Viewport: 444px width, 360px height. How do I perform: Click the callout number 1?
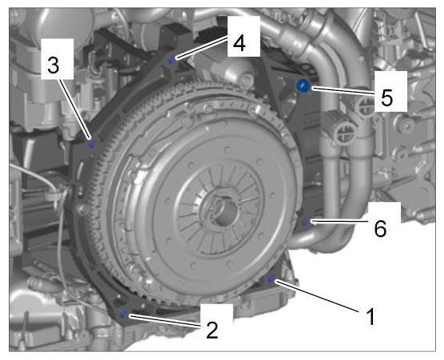click(x=371, y=316)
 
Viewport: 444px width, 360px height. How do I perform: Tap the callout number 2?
click(x=212, y=330)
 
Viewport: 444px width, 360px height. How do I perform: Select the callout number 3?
click(x=54, y=65)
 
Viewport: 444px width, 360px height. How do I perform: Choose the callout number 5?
click(x=387, y=97)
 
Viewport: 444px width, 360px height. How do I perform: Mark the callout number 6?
click(x=380, y=228)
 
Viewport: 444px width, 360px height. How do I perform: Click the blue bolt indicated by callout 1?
click(x=271, y=279)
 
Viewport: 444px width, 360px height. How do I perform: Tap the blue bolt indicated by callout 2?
click(x=123, y=314)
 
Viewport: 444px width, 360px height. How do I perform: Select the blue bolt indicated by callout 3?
click(x=92, y=144)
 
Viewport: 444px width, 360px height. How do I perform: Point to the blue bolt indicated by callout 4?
click(x=171, y=60)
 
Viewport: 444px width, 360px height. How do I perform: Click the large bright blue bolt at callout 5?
click(x=303, y=86)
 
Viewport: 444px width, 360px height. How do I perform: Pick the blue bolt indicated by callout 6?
click(x=305, y=222)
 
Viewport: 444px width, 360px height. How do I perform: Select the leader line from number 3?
click(x=76, y=109)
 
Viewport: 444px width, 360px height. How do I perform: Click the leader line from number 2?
click(x=165, y=320)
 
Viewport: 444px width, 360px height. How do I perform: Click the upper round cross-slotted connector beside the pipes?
click(x=364, y=107)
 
